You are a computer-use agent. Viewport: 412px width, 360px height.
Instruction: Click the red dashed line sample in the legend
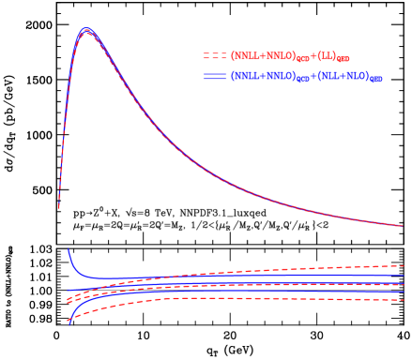coord(215,56)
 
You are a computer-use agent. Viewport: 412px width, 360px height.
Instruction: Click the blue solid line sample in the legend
coord(215,77)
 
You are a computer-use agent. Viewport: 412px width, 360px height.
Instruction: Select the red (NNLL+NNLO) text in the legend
coord(265,56)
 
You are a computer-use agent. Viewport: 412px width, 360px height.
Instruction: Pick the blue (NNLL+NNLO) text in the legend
coord(265,77)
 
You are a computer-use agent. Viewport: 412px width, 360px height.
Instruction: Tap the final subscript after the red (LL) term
coord(343,59)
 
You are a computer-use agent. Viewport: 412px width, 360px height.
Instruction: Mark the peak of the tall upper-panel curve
coord(86,30)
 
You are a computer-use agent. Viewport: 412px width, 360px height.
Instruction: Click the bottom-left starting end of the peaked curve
coord(59,207)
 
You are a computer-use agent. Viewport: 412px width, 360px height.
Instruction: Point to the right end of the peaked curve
coord(403,226)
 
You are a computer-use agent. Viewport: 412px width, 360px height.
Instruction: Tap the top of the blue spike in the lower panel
coord(68,249)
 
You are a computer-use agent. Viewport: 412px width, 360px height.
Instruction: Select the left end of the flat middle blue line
coord(68,290)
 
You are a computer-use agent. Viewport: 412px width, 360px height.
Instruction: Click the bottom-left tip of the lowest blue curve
coord(68,321)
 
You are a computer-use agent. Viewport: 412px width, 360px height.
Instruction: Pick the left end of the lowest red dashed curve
coord(68,323)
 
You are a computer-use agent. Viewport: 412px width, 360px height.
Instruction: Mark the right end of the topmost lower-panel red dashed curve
coord(403,267)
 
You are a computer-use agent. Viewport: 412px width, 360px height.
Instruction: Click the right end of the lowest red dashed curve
coord(403,301)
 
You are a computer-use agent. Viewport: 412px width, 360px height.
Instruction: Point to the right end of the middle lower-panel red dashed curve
coord(403,285)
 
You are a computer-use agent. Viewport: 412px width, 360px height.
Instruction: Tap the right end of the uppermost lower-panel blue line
coord(403,275)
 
